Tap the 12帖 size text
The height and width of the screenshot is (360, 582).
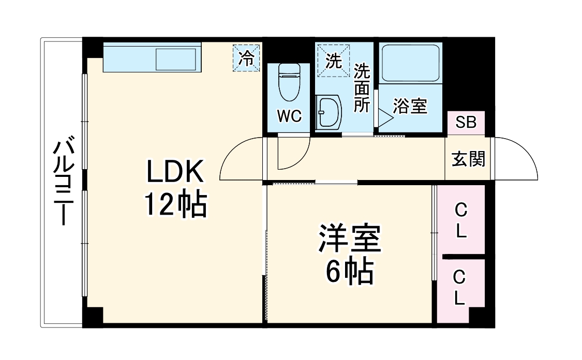click(x=175, y=205)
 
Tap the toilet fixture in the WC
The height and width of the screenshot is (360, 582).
click(x=289, y=81)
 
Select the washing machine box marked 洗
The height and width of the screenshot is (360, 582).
click(x=334, y=61)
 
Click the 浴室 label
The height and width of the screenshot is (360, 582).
click(x=410, y=107)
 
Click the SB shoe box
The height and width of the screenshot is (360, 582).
click(x=466, y=123)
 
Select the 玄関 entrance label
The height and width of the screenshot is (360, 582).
click(x=469, y=159)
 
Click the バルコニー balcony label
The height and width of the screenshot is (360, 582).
click(x=64, y=182)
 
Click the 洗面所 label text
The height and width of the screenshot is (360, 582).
click(x=362, y=87)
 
